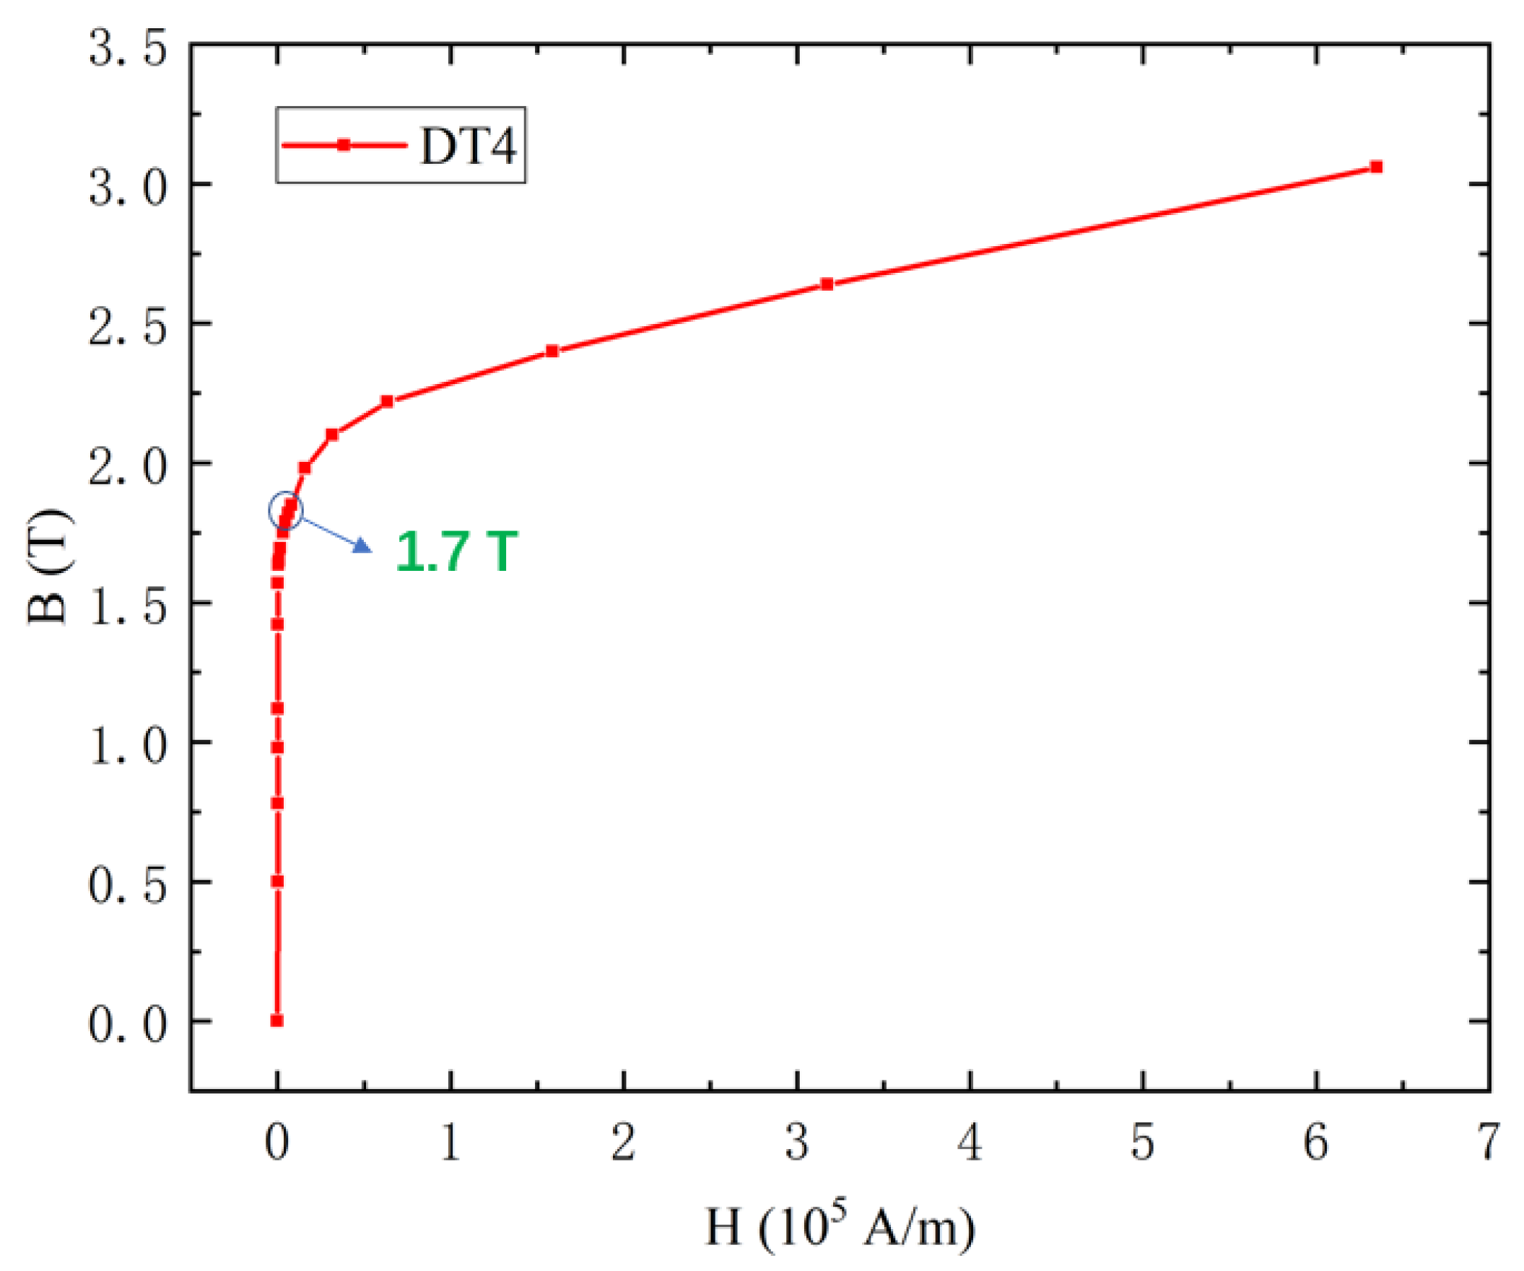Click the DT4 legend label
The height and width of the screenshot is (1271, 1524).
coord(468,146)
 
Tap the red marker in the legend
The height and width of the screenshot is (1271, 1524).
coord(344,145)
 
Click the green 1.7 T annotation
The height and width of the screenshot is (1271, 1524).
coord(456,552)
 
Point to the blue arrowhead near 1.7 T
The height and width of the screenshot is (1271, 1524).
coord(362,546)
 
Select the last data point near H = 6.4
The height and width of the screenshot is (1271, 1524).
coord(1376,167)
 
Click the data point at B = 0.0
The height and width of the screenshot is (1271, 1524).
coord(277,1021)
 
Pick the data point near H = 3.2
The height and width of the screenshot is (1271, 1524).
coord(827,284)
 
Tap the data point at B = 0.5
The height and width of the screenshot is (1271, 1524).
coord(277,881)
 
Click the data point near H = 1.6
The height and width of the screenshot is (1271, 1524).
coord(552,351)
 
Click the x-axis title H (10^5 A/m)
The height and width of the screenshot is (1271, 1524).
coord(840,1229)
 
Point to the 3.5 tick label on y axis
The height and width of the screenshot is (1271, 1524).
coord(128,49)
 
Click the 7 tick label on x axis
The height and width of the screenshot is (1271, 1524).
coord(1488,1143)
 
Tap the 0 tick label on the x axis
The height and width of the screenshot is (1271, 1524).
coord(277,1143)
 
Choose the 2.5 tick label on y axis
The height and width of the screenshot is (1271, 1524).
coord(128,328)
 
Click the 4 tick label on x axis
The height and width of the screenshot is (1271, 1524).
coord(970,1143)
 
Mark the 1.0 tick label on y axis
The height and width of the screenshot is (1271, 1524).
coord(128,746)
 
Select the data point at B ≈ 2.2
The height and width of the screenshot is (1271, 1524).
coord(387,401)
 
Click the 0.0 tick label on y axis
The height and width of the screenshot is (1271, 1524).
coord(128,1025)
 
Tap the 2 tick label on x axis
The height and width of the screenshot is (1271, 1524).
coord(623,1143)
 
